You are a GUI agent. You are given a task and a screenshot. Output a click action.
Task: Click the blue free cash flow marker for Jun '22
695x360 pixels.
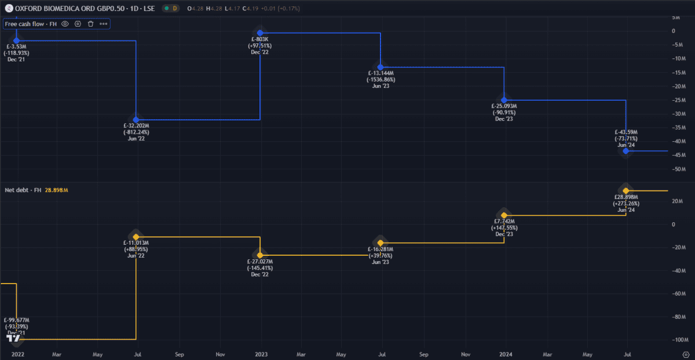click(x=136, y=119)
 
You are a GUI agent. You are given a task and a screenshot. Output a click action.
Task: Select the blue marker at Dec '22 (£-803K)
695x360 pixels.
click(x=260, y=33)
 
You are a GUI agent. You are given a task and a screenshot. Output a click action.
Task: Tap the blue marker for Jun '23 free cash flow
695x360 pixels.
click(x=381, y=67)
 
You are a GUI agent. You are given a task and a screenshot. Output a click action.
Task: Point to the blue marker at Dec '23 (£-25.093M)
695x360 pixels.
click(x=504, y=100)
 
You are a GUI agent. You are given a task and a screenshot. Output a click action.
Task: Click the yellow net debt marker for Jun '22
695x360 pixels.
click(x=136, y=237)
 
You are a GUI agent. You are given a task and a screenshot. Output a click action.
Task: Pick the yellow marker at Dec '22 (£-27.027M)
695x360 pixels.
click(x=260, y=255)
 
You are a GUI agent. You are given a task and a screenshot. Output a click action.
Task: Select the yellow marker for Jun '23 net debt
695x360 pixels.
click(x=381, y=243)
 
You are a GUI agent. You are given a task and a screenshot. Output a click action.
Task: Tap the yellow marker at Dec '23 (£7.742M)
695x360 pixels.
click(x=504, y=215)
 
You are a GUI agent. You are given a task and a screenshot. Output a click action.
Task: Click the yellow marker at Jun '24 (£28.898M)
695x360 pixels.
click(x=625, y=190)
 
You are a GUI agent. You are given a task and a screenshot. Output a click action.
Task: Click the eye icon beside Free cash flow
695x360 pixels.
click(x=65, y=24)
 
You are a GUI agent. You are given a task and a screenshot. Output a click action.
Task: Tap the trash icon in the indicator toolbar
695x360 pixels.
click(x=90, y=24)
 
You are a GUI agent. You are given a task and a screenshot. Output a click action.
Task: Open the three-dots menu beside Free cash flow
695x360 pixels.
click(x=103, y=24)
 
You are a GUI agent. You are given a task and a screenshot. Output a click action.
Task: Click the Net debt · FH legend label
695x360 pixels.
click(x=23, y=190)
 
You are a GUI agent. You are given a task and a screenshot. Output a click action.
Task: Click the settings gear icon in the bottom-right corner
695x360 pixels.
click(x=686, y=353)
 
